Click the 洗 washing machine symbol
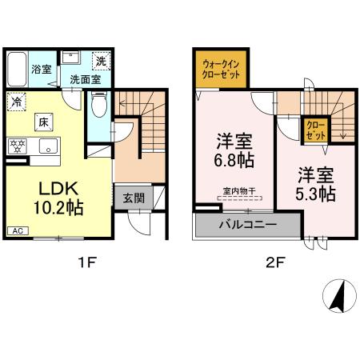tap(101, 62)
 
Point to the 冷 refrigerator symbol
tap(16, 102)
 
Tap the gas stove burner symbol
tap(16, 146)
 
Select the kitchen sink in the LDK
tap(46, 146)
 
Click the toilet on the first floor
tap(98, 106)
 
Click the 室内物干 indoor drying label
tap(238, 190)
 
